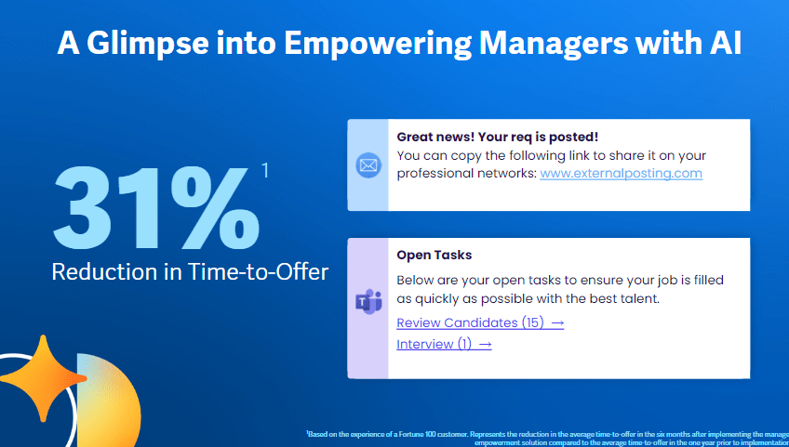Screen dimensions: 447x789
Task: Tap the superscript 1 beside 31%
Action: (265, 170)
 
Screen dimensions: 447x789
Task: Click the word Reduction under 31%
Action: (97, 272)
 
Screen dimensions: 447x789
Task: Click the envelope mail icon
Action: (368, 165)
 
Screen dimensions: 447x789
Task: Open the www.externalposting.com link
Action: (621, 173)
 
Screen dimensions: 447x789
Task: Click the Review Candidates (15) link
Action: (470, 322)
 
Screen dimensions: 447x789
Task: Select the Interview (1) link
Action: (435, 344)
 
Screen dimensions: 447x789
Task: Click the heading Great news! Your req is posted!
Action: (497, 137)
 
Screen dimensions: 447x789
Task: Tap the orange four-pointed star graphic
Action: (41, 375)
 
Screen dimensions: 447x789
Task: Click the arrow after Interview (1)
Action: (485, 344)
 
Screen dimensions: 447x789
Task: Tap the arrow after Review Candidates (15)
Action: (557, 322)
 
